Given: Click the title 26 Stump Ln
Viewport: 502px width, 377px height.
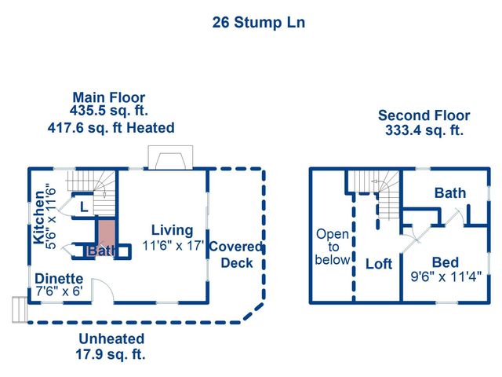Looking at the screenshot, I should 258,22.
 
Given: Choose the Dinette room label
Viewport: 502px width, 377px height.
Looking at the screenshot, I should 58,278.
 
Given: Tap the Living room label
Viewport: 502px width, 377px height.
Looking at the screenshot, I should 172,230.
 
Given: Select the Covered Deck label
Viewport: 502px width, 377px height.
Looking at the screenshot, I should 236,254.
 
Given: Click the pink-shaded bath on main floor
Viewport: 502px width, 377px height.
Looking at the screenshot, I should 104,235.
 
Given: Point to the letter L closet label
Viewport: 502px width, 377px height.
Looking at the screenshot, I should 84,207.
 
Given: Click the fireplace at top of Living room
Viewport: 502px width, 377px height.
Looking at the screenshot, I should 169,159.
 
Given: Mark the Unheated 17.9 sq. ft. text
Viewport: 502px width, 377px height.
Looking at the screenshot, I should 111,346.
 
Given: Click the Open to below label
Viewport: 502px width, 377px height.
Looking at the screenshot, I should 332,247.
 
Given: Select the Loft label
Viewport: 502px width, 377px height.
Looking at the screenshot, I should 378,264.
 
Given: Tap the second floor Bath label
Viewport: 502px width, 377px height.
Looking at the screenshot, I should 449,192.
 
